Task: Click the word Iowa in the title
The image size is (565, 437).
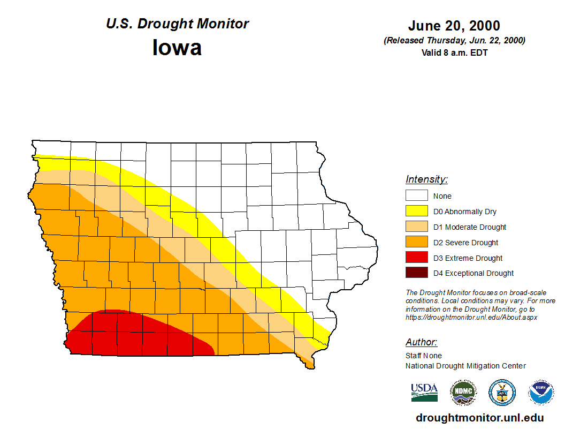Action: point(177,48)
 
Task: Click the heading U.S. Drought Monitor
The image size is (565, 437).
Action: point(177,24)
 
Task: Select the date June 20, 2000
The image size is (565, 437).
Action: point(454,26)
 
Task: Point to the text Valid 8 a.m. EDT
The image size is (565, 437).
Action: point(454,52)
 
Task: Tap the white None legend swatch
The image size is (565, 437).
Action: point(416,196)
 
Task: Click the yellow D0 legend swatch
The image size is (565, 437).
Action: point(416,212)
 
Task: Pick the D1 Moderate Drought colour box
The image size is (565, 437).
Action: point(416,227)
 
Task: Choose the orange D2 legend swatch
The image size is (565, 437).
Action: point(416,243)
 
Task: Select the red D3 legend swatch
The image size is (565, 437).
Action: point(416,258)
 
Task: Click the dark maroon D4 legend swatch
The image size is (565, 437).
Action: point(416,273)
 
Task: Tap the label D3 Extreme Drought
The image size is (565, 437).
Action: point(468,258)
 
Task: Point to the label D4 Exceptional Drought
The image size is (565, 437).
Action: point(474,273)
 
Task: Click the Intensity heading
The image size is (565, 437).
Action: point(426,179)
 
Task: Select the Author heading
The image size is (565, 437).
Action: point(421,342)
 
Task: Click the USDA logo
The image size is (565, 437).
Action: point(424,393)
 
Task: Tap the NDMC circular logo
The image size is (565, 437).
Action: point(463,393)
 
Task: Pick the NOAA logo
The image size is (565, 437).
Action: point(541,393)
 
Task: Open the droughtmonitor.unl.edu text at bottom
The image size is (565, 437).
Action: point(479,418)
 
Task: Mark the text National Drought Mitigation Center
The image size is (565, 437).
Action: point(465,366)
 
